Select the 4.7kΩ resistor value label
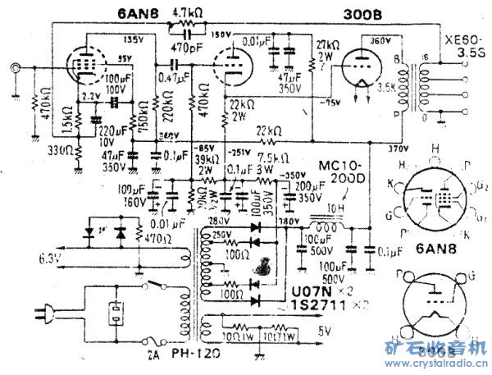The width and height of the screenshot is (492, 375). point(189,13)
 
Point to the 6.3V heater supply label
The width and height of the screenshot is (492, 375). point(48,258)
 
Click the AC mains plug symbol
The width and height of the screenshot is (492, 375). point(40,312)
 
